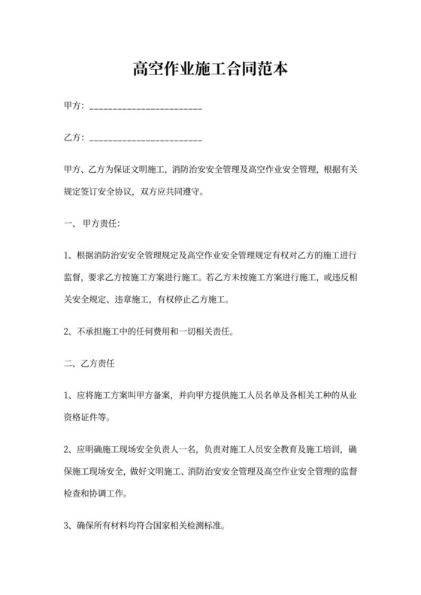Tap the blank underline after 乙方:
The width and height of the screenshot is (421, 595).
tap(146, 140)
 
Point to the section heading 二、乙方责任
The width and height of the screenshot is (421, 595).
tap(90, 364)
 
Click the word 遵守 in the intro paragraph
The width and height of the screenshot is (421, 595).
tap(194, 191)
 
